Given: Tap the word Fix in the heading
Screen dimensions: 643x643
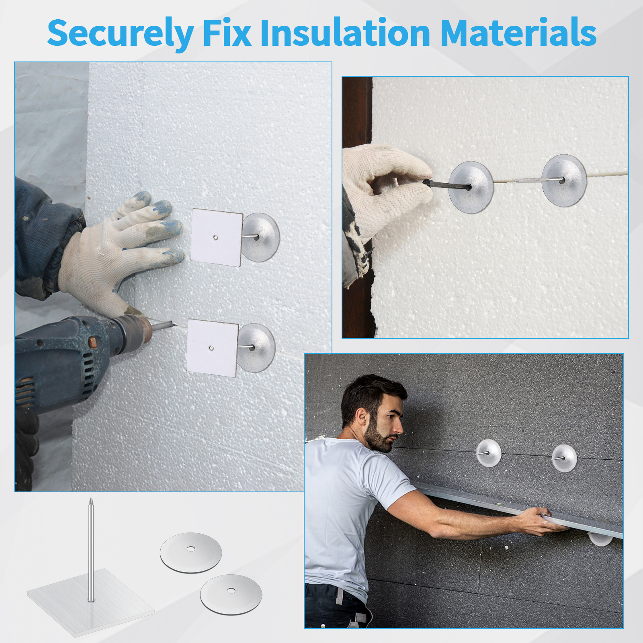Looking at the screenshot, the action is pyautogui.click(x=227, y=32).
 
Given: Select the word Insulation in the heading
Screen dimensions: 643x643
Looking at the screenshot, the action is pyautogui.click(x=345, y=32).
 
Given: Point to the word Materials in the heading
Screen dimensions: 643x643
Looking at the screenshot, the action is pyautogui.click(x=518, y=32).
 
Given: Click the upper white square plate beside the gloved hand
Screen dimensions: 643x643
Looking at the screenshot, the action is pyautogui.click(x=217, y=237).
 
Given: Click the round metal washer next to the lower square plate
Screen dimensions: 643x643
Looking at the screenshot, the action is pyautogui.click(x=256, y=348).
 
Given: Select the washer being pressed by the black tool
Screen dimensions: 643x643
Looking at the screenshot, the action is pyautogui.click(x=471, y=187).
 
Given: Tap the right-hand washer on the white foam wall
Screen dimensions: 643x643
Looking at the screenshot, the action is pyautogui.click(x=564, y=180).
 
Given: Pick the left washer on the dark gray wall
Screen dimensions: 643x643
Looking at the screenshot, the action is pyautogui.click(x=489, y=453).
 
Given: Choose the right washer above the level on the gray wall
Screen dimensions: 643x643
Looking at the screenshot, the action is pyautogui.click(x=564, y=458).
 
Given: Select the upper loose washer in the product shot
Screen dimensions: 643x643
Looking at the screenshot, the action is pyautogui.click(x=191, y=553).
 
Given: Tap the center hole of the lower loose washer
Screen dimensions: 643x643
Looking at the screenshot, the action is pyautogui.click(x=231, y=590).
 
